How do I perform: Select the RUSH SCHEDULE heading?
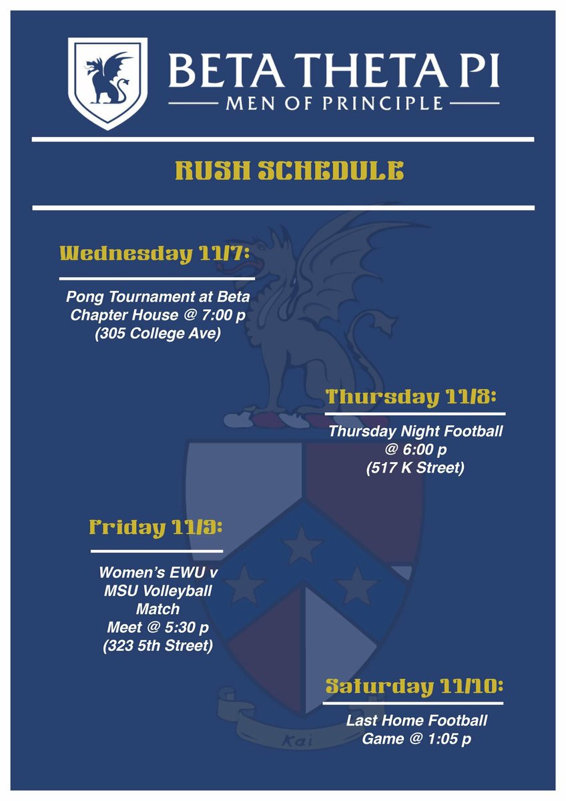pos(289,172)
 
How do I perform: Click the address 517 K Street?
pos(414,468)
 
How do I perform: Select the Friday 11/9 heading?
pos(156,527)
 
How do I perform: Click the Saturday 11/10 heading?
pos(414,686)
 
